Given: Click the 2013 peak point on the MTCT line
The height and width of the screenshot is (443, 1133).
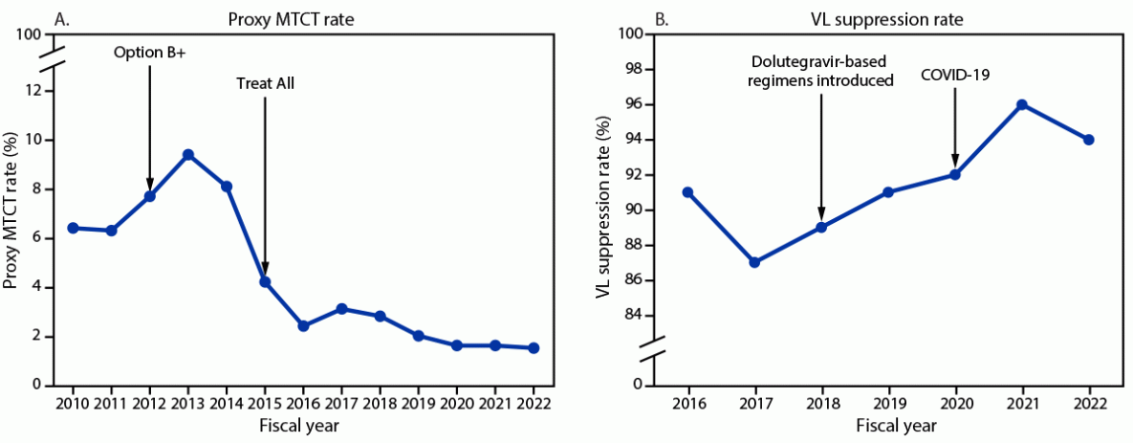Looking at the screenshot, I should click(x=188, y=154).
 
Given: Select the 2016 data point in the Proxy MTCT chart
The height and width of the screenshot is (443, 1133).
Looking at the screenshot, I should click(x=303, y=325).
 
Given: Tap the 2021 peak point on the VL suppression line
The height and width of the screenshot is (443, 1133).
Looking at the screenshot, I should click(x=1021, y=104).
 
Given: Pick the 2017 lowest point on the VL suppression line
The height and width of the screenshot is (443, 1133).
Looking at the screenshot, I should click(x=753, y=262).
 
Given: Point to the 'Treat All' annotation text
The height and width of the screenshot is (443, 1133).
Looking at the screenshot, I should click(x=265, y=83).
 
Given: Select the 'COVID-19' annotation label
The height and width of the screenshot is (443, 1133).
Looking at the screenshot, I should click(x=954, y=74).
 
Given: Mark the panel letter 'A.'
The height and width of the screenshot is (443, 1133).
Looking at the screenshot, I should click(x=64, y=14).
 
